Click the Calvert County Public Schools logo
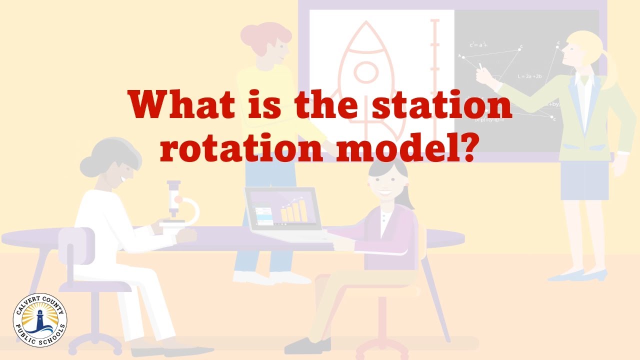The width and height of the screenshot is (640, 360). tap(40, 320)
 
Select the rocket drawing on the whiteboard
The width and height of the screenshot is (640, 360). tap(365, 70)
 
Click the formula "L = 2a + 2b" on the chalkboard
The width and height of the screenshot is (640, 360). tap(530, 76)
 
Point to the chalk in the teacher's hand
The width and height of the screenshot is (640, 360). tap(481, 66)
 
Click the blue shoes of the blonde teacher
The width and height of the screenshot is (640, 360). tap(575, 275)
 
